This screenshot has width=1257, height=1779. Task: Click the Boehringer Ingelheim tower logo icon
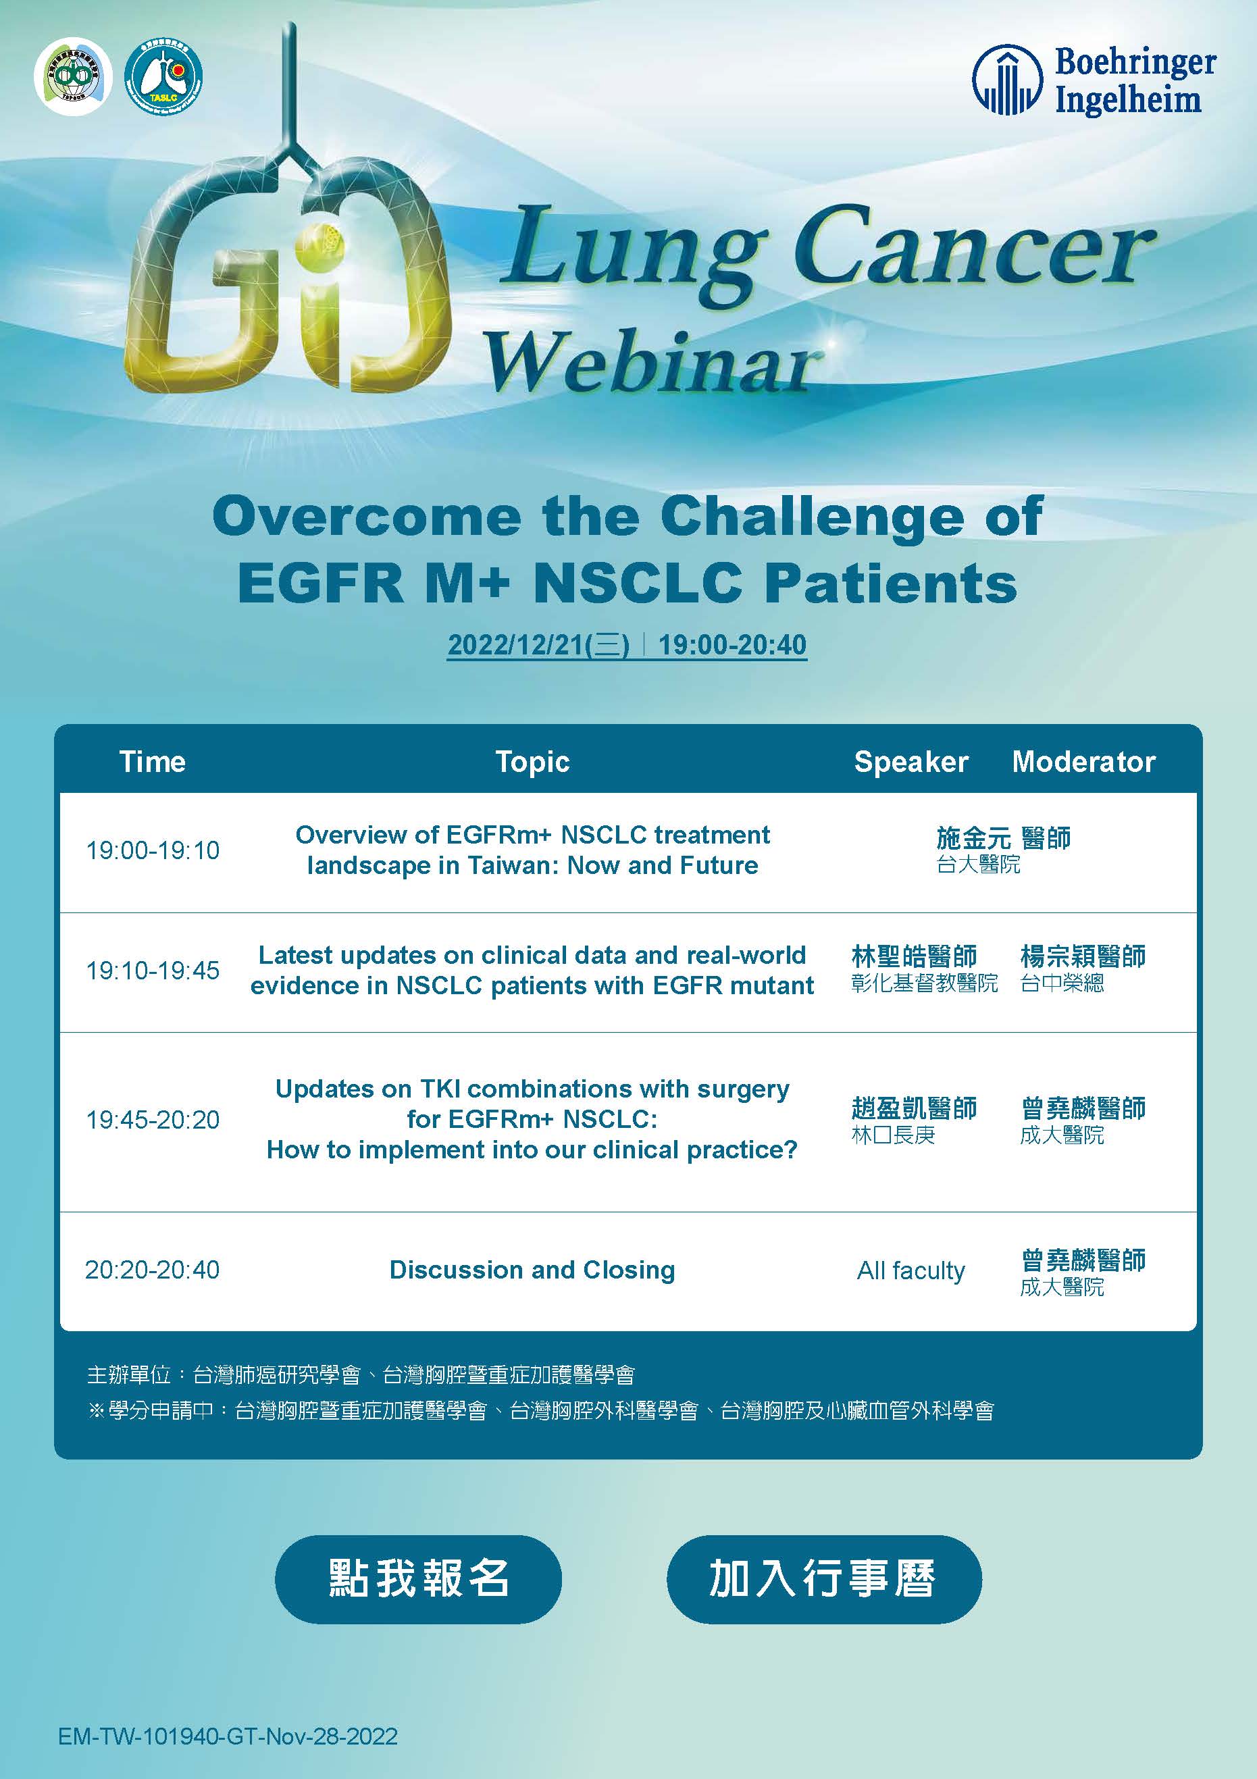click(x=1006, y=80)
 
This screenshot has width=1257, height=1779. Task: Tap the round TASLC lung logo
click(x=163, y=75)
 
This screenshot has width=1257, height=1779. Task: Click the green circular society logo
click(x=73, y=76)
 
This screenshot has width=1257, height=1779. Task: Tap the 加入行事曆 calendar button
click(x=824, y=1579)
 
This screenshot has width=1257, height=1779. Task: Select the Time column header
click(x=153, y=762)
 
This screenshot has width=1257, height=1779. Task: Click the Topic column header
click(x=532, y=763)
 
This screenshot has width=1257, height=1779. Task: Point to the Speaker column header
click(x=911, y=763)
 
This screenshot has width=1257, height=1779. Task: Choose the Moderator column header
click(x=1083, y=762)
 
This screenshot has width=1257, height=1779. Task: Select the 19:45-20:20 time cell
click(x=153, y=1120)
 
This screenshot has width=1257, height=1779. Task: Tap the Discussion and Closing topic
click(x=532, y=1270)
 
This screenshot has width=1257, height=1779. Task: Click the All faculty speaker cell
click(x=910, y=1270)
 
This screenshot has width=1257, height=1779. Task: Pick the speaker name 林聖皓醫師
click(x=914, y=956)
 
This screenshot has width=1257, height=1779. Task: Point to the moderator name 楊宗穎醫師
click(x=1083, y=956)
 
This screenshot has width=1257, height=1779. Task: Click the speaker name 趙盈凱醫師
click(x=914, y=1108)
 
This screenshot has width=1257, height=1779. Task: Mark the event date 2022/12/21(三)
click(x=538, y=644)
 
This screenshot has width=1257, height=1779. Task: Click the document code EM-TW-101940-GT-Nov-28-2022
click(x=228, y=1736)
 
